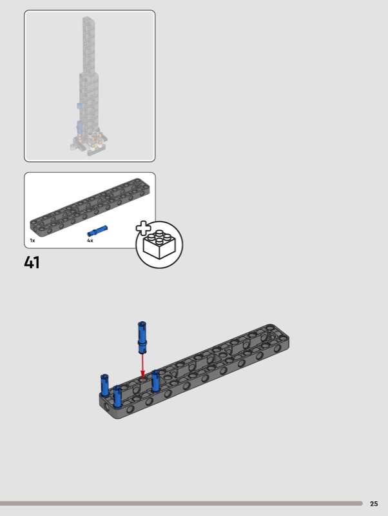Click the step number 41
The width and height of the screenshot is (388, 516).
point(32,263)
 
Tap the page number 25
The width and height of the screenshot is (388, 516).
point(374,504)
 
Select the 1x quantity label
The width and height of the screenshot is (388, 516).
point(32,241)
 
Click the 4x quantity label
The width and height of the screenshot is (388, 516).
point(90,241)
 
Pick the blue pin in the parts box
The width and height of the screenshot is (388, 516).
point(97,231)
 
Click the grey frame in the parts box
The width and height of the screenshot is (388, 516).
point(90,206)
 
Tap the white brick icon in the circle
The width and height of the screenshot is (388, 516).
point(159,244)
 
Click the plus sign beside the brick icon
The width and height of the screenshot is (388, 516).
point(143,228)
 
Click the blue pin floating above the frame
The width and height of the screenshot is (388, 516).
point(142,337)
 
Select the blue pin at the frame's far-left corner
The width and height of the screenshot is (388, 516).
point(104,385)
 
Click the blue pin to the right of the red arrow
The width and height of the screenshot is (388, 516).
point(155,381)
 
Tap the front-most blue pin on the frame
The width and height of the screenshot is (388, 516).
point(117,397)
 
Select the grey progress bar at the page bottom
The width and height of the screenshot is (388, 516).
point(181,504)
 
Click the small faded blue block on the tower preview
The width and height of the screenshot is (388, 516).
point(79,106)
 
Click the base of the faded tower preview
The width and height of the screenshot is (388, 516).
point(89,144)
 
